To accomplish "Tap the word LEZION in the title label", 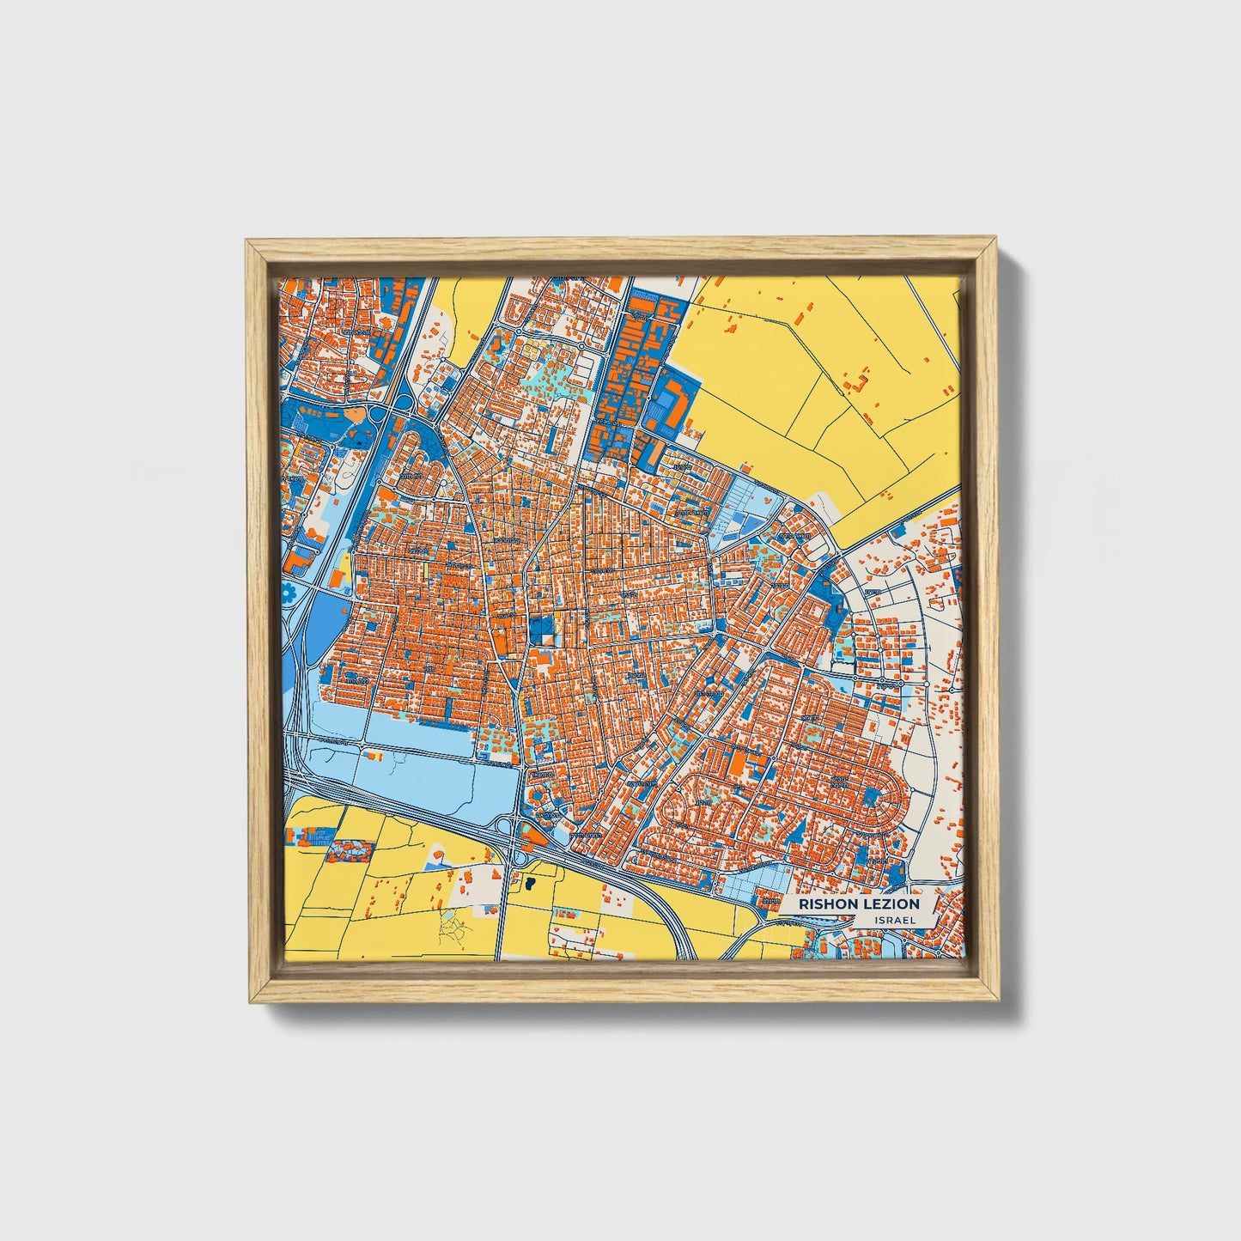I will pos(888,904).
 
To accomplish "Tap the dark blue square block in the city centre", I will pos(542,630).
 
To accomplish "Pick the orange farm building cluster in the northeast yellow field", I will pos(859,383).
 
